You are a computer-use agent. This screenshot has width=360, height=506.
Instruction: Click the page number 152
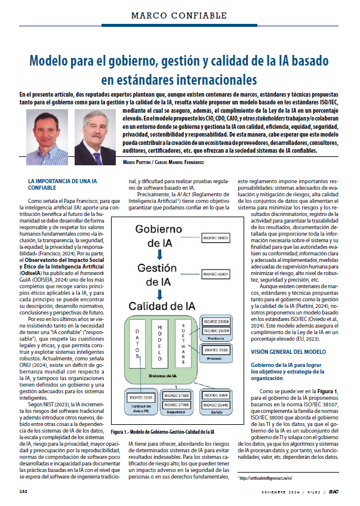click(24, 491)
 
